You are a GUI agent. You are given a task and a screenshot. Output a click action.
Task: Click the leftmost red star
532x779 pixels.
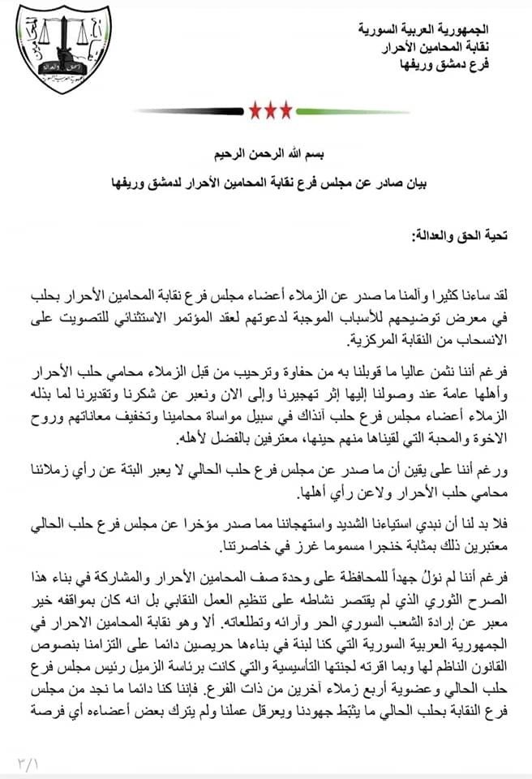coord(251,109)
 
